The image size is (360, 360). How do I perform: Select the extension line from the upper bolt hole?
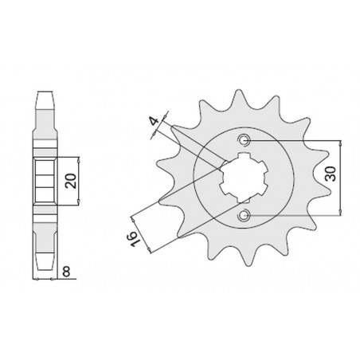click(x=295, y=141)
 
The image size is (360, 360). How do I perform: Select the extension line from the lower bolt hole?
click(x=295, y=214)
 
